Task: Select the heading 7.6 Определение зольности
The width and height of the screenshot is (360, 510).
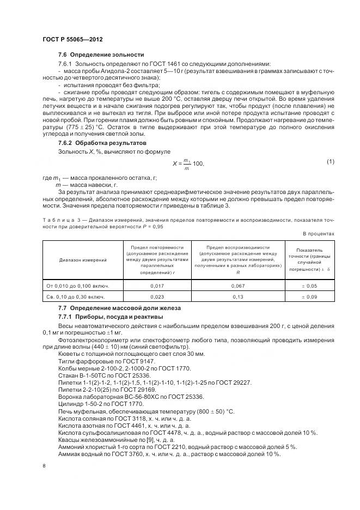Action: [x=101, y=55]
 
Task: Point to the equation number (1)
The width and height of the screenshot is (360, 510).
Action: [x=330, y=161]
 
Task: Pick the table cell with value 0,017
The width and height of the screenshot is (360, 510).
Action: [x=157, y=286]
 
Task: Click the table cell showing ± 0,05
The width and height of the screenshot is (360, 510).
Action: [x=310, y=286]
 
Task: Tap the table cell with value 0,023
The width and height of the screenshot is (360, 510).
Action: [x=157, y=297]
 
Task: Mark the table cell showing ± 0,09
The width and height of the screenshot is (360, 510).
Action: [x=310, y=297]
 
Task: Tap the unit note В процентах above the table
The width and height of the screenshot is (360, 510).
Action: [x=319, y=234]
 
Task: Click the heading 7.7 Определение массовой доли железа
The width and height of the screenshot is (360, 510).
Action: [x=120, y=308]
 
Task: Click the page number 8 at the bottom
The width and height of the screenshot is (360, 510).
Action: [x=44, y=466]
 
